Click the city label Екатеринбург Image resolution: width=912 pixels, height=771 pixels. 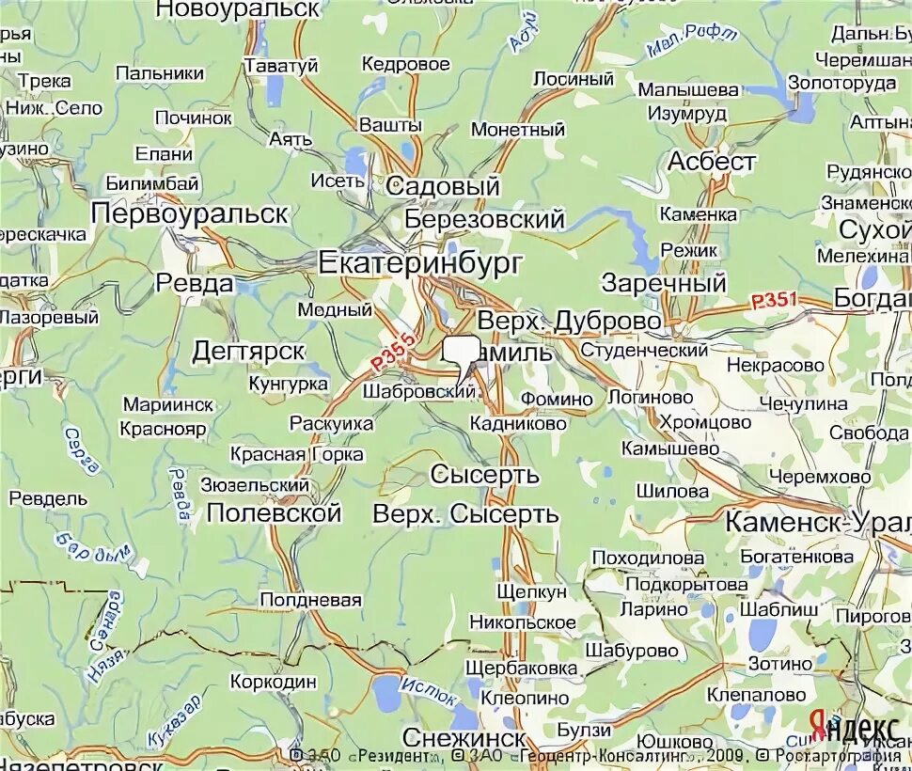point(419,262)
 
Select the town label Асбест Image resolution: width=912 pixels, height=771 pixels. point(711,162)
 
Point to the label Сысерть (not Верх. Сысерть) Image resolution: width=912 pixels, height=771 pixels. point(484,475)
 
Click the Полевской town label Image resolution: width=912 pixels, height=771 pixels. point(273,513)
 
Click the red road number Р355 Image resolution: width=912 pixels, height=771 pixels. point(392,351)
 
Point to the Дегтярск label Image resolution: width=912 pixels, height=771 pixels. point(248,351)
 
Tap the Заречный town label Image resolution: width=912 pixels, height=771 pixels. point(664,283)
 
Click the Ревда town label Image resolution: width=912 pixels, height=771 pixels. point(195,283)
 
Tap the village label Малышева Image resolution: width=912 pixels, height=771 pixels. point(688,89)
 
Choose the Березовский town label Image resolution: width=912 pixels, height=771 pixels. point(484,219)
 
